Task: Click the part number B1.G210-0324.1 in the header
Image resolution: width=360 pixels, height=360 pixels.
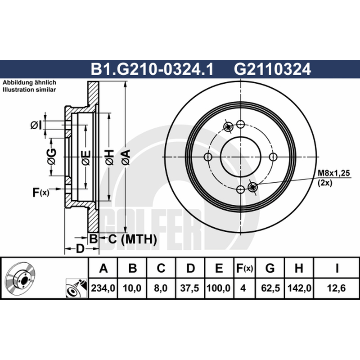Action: tap(152, 69)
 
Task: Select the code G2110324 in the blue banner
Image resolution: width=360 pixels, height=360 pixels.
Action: tap(272, 69)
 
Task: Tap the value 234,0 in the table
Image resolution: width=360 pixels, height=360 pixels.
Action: tap(103, 288)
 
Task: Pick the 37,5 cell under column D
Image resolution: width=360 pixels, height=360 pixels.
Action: tap(189, 288)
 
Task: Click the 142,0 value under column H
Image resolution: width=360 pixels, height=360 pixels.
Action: tap(299, 288)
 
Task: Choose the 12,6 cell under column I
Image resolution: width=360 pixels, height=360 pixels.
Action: tap(336, 288)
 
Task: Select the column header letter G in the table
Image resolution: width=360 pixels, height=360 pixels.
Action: tap(270, 268)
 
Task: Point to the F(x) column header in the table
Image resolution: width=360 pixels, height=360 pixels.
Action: tap(244, 268)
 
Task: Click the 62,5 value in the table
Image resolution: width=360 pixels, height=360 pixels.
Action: tap(270, 288)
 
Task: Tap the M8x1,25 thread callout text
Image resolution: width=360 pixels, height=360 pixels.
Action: tap(334, 173)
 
